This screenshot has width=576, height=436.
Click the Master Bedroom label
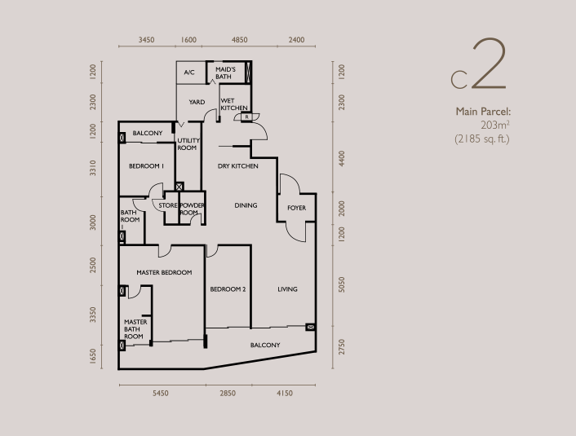coord(164,272)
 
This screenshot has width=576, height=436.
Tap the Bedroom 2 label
coord(228,289)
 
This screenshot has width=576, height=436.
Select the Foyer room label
coord(296,208)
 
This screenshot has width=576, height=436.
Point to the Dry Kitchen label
coord(237,166)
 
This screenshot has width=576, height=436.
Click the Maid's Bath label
coord(225,73)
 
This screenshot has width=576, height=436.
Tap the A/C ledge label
coord(189,73)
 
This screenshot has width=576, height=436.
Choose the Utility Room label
coord(188,144)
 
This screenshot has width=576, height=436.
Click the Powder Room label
coord(192,209)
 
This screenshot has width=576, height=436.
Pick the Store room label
coord(168,205)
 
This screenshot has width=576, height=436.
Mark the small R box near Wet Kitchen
coord(247,117)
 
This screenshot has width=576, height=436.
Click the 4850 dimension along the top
coord(240,40)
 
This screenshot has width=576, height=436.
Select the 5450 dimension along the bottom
coord(161,393)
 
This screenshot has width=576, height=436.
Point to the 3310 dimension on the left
coord(93,168)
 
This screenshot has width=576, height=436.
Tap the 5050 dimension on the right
coord(342,284)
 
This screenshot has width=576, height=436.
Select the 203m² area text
coord(494,126)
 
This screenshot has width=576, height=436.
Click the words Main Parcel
coord(483,112)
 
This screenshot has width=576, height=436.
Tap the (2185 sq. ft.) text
coord(482,139)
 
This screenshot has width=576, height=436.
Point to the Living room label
coord(287,289)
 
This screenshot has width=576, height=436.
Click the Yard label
coord(197,102)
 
